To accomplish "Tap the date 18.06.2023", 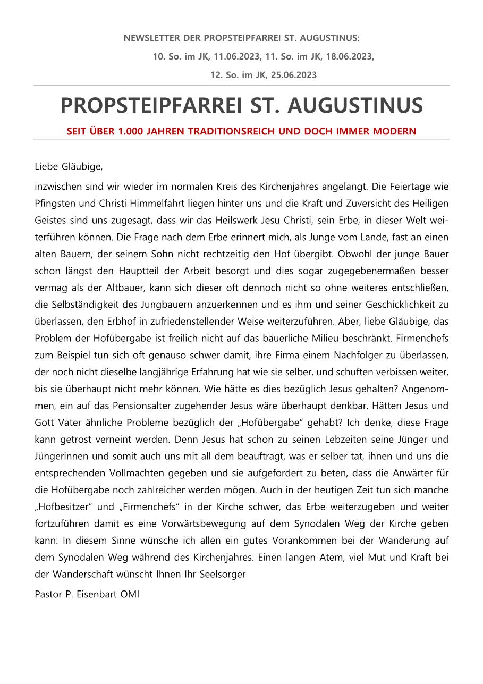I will click(350, 56).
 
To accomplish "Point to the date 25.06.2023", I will click(293, 75).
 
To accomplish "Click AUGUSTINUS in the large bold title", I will click(355, 106).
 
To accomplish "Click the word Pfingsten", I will click(55, 204).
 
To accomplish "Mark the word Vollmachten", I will click(143, 473).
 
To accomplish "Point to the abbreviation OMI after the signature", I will click(130, 594).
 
